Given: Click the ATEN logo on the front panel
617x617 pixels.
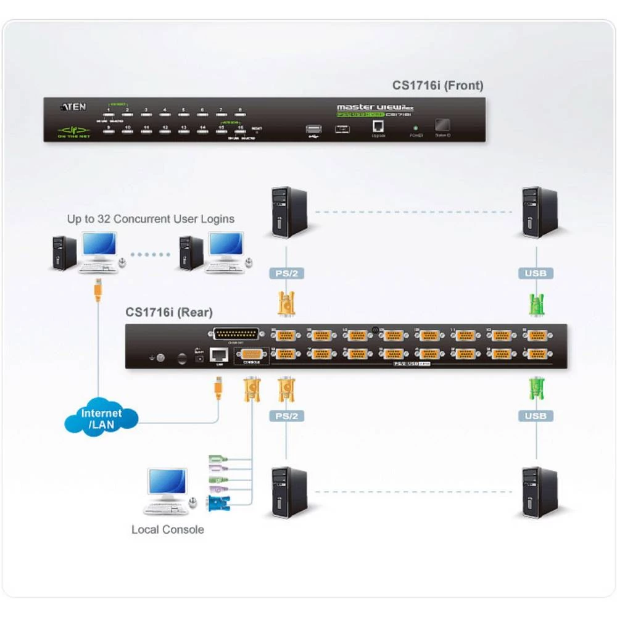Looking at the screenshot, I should point(73,106).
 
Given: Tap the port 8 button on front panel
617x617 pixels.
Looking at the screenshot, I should point(239,115).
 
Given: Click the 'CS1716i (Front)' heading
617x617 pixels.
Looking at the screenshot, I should point(438,86).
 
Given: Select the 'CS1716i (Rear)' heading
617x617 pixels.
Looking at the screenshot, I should point(169,312).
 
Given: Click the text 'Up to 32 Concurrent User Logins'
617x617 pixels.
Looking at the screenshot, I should point(151,218).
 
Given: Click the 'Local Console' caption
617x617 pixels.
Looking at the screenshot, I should point(167,529).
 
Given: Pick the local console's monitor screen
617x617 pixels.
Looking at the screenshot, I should point(167,483).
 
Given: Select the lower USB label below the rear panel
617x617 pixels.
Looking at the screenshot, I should point(535,416).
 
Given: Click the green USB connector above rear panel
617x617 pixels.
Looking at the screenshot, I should point(536,304).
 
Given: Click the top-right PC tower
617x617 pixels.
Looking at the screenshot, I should point(539,213).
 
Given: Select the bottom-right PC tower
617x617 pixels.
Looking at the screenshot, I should point(539,492).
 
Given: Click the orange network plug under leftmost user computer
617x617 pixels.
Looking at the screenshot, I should point(97,291).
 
